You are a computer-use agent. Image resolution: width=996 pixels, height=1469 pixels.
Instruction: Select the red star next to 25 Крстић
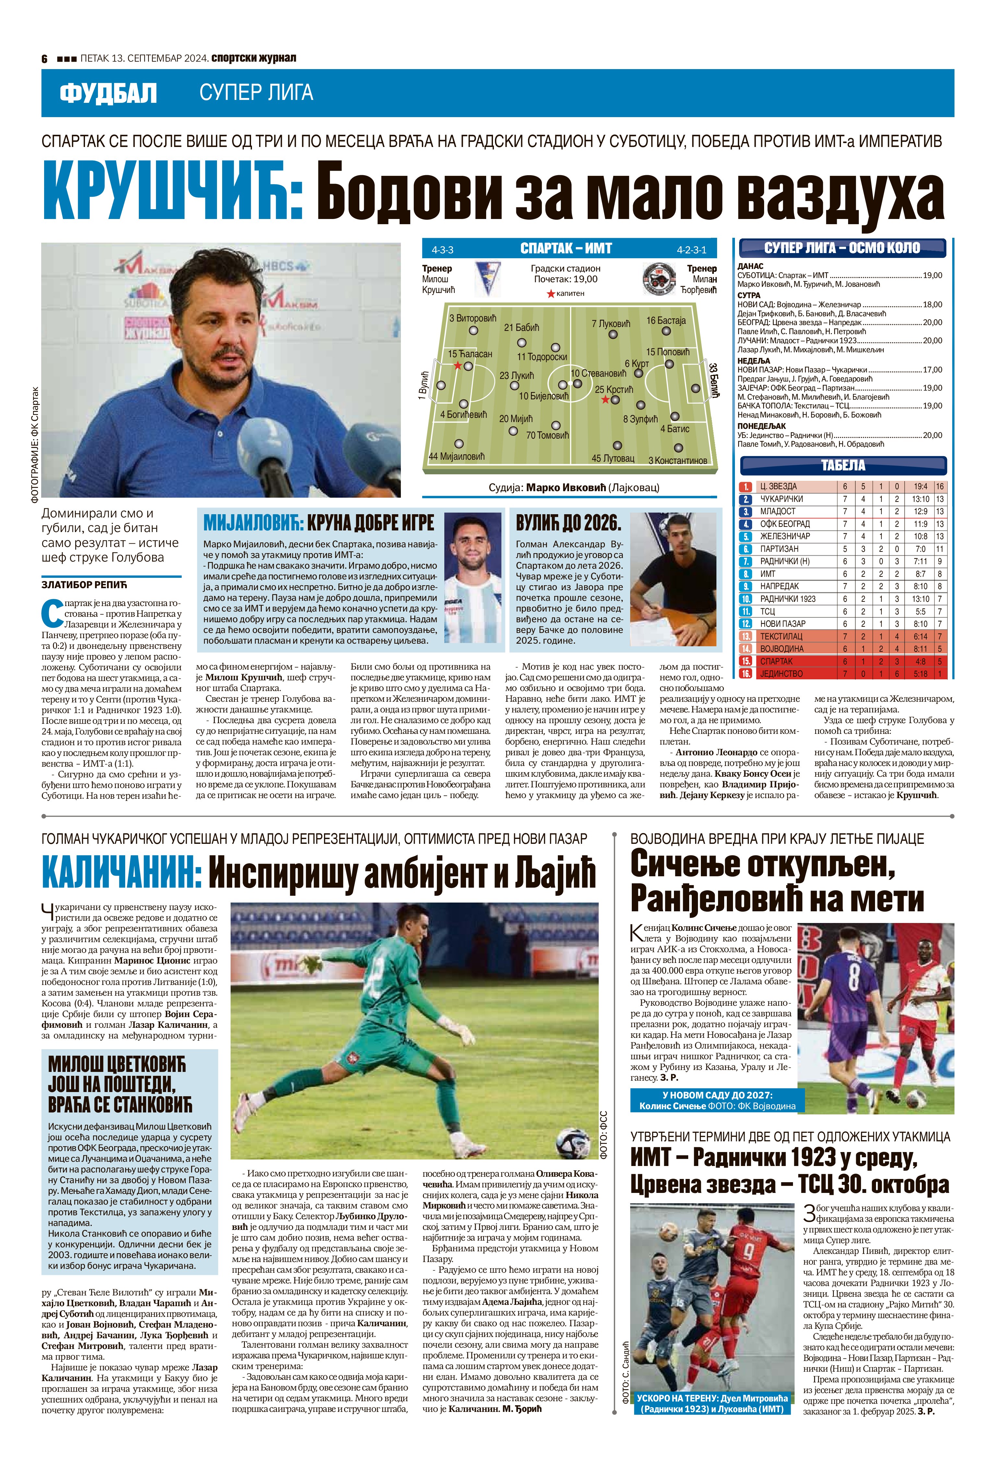[605, 399]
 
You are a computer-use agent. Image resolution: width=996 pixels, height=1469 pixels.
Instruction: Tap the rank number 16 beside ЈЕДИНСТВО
[746, 674]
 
